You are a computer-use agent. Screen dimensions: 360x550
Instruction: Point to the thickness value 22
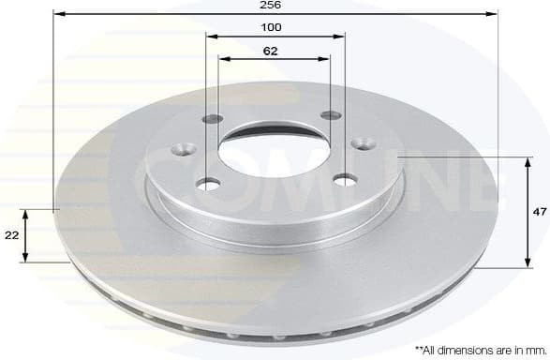10,235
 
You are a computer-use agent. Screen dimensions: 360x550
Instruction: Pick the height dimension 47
539,213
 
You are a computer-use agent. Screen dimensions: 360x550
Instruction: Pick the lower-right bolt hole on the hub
348,178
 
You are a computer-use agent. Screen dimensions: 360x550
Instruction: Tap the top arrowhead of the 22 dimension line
26,213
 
